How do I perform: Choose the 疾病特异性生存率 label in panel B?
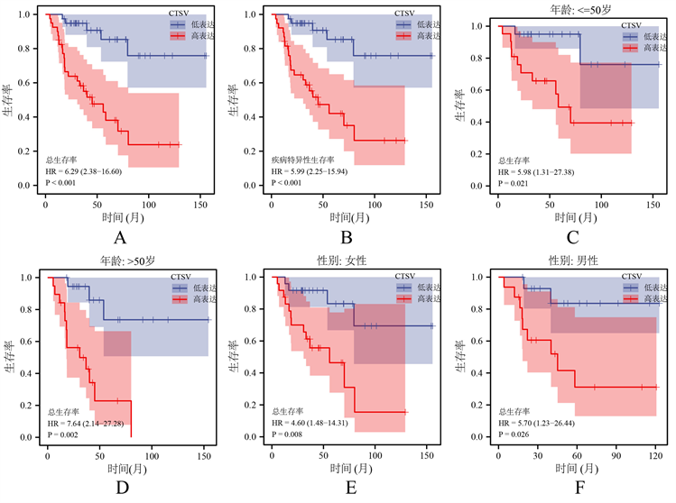[x=303, y=160]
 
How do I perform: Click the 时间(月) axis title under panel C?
[x=579, y=219]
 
